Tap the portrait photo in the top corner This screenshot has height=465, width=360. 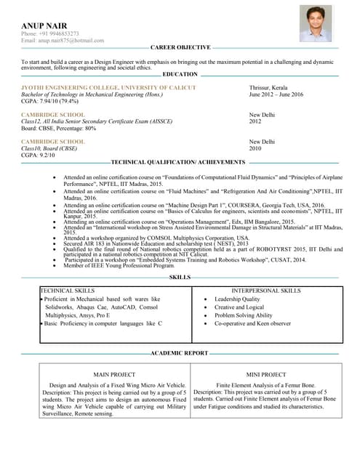click(316, 24)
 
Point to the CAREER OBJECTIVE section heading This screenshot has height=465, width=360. click(180, 47)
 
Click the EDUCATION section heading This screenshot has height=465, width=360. click(180, 74)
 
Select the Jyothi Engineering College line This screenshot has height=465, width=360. click(108, 88)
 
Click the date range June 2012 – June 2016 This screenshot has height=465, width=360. click(276, 94)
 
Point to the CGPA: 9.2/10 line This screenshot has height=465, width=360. click(38, 155)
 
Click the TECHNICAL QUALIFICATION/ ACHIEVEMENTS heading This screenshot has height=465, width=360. click(178, 161)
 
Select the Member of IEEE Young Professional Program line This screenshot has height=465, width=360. click(119, 266)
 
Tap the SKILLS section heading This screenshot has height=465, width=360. click(180, 277)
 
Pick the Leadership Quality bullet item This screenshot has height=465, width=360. click(237, 299)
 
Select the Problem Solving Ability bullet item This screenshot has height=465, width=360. click(244, 315)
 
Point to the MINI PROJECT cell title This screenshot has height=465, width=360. click(266, 375)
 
